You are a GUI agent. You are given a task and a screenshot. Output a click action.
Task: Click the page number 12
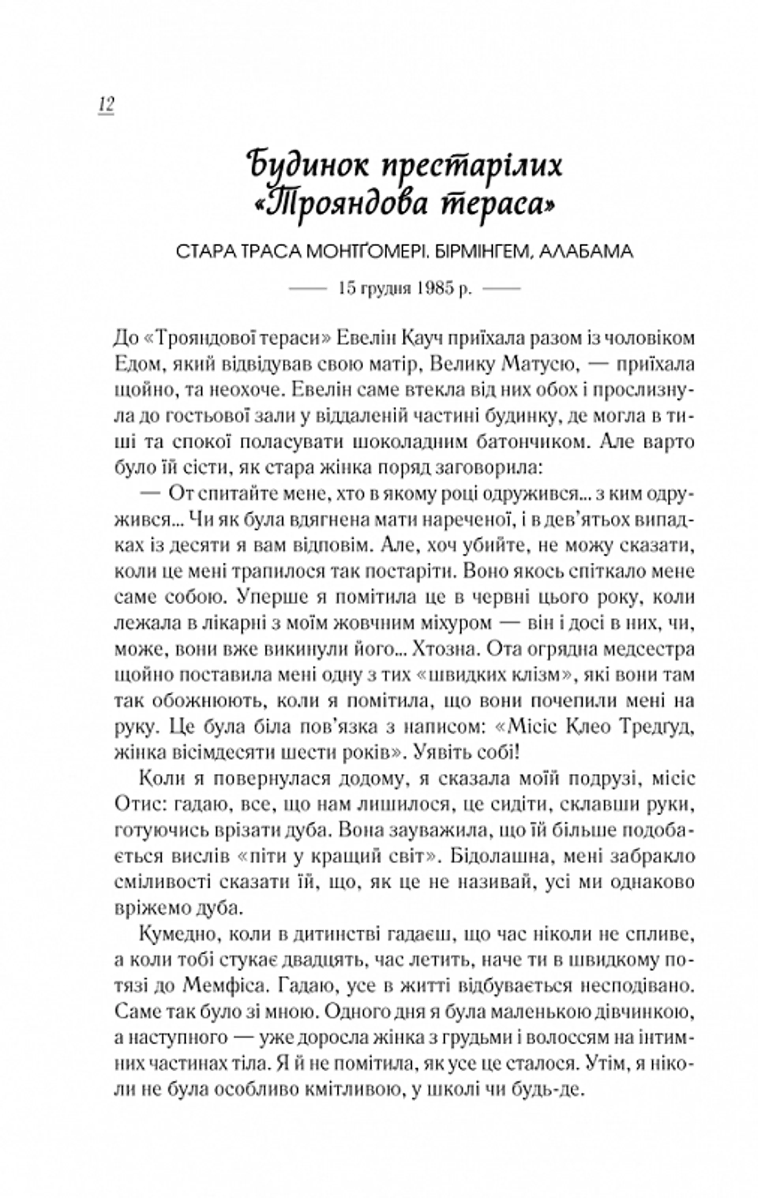106,105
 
